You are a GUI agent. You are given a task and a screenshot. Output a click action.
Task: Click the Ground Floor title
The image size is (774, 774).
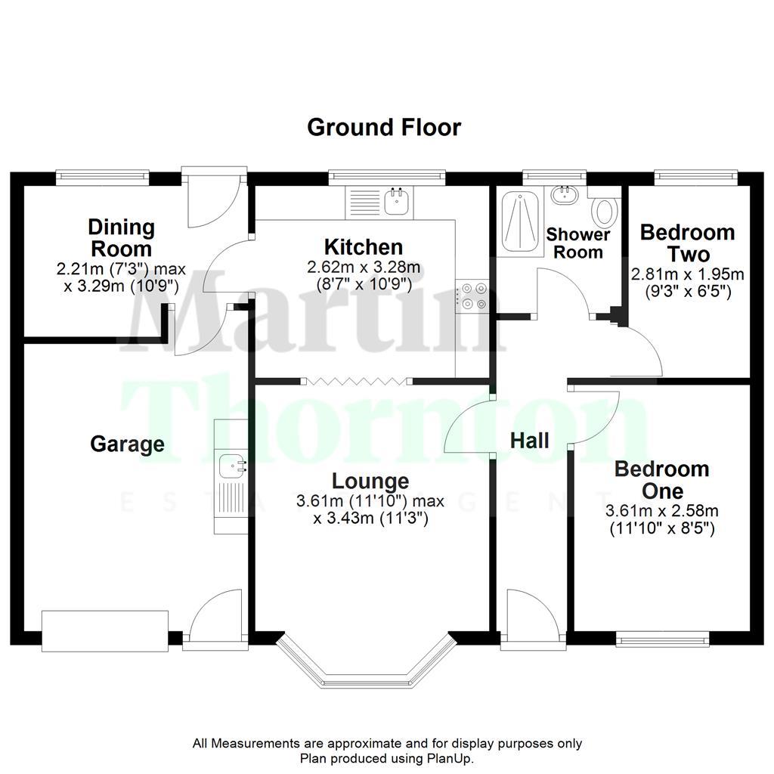click(x=383, y=127)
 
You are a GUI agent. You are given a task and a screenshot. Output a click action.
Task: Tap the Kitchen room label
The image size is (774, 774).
click(x=364, y=246)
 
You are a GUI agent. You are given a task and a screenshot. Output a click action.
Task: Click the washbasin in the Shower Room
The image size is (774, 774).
click(x=563, y=195)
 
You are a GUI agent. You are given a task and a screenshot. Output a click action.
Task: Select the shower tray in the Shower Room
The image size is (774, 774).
click(x=519, y=218)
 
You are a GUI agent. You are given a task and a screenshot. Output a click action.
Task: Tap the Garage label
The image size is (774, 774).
click(x=127, y=444)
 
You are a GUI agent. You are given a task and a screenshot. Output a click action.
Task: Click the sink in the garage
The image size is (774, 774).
click(x=231, y=466)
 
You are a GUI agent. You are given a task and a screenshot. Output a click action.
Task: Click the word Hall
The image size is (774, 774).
click(x=529, y=441)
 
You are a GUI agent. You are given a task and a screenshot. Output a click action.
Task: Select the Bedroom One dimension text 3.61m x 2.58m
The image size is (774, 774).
click(x=662, y=512)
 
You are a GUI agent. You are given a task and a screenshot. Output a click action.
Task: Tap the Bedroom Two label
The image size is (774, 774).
click(x=687, y=243)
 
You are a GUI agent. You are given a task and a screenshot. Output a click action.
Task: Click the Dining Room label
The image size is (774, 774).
click(x=121, y=237)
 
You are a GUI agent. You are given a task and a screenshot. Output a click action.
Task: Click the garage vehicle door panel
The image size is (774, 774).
click(x=104, y=630)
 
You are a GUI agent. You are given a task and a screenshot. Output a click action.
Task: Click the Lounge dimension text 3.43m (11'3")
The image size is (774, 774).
click(x=370, y=519)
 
